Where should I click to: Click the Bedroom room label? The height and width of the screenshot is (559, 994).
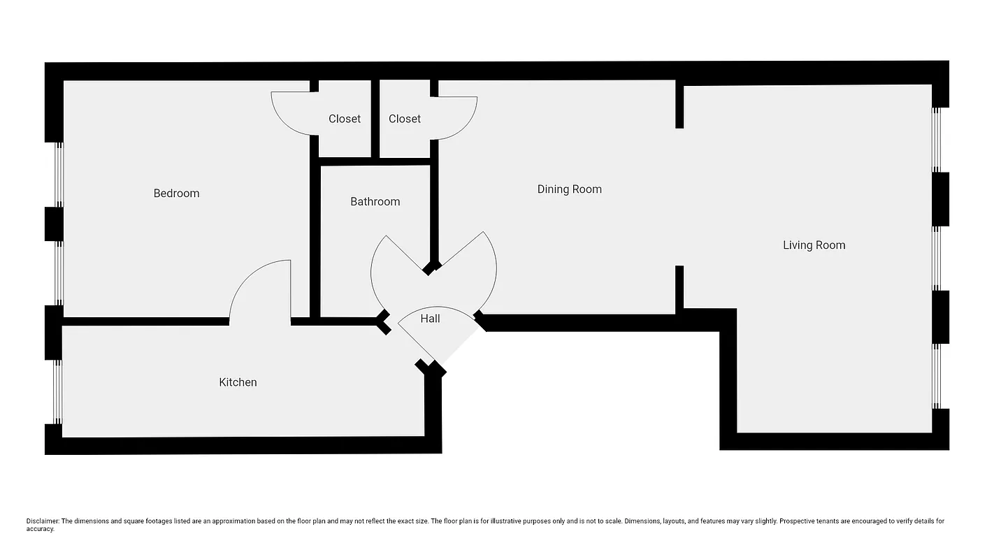(176, 194)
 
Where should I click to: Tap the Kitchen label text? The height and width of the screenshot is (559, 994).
(238, 382)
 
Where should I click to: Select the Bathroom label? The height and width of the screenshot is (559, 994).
(375, 202)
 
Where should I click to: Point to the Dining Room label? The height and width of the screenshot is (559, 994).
(569, 189)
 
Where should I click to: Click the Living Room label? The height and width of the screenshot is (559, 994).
(814, 245)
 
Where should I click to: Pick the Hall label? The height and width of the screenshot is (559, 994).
(430, 319)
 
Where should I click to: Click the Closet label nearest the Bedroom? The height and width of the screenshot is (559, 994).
(345, 119)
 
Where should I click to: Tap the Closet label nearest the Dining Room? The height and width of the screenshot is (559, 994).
(405, 119)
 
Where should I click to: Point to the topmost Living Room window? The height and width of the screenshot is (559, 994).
(937, 139)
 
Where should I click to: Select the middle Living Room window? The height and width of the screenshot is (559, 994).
(937, 258)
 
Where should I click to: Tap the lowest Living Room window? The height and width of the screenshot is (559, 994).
(937, 376)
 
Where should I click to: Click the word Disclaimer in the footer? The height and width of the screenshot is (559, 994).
(43, 521)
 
